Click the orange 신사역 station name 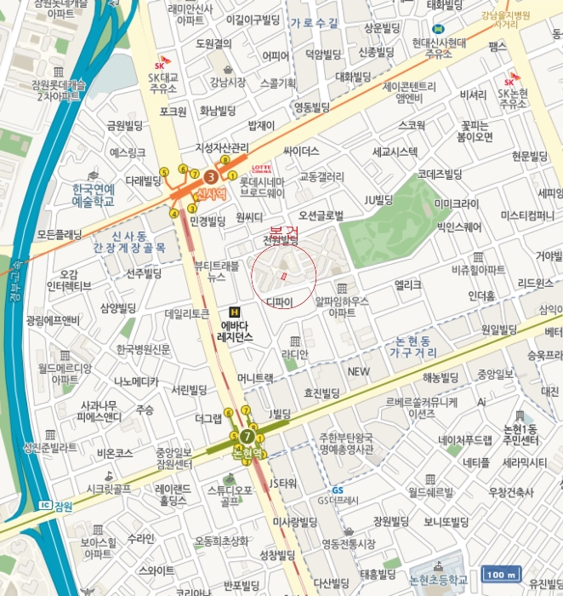212,194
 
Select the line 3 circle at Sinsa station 211,177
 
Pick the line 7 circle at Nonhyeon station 247,436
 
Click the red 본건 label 284,232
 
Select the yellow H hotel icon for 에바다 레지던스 235,312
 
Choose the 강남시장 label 227,83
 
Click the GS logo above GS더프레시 338,490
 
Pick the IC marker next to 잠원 45,505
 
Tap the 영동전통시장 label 349,543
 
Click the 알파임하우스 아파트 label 342,307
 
